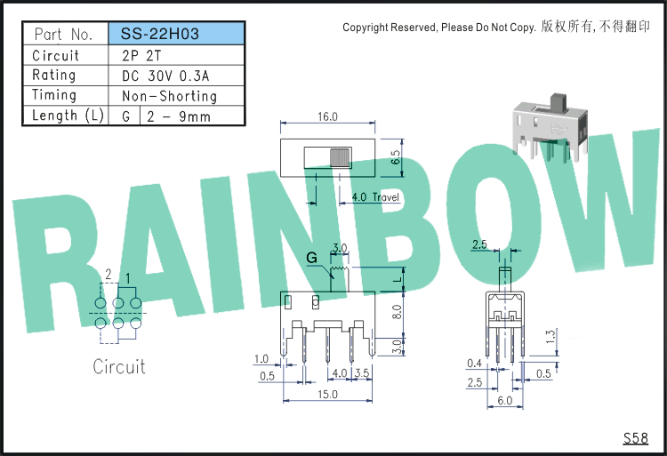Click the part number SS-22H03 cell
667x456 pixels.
pyautogui.click(x=177, y=34)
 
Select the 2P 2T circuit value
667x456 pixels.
pyautogui.click(x=141, y=56)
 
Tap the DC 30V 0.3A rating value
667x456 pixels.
pyautogui.click(x=165, y=76)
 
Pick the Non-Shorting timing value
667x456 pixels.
pyautogui.click(x=169, y=96)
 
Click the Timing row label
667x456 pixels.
pyautogui.click(x=54, y=95)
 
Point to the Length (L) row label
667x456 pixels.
pyautogui.click(x=68, y=116)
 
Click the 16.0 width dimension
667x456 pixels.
pyautogui.click(x=327, y=116)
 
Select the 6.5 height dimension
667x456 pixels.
pyautogui.click(x=396, y=157)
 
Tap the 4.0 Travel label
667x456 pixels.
pyautogui.click(x=375, y=196)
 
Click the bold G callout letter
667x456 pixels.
pyautogui.click(x=312, y=258)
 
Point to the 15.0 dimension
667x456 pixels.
pyautogui.click(x=327, y=395)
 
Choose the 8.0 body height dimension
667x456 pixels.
pyautogui.click(x=397, y=312)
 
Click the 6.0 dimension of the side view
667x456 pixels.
pyautogui.click(x=505, y=400)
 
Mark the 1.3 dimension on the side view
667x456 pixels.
pyautogui.click(x=550, y=337)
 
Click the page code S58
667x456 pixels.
pyautogui.click(x=636, y=438)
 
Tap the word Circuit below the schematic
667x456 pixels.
pyautogui.click(x=119, y=367)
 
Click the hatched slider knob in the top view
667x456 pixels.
pyautogui.click(x=341, y=157)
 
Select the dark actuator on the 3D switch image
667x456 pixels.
pyautogui.click(x=559, y=103)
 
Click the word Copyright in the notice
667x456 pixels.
pyautogui.click(x=366, y=28)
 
